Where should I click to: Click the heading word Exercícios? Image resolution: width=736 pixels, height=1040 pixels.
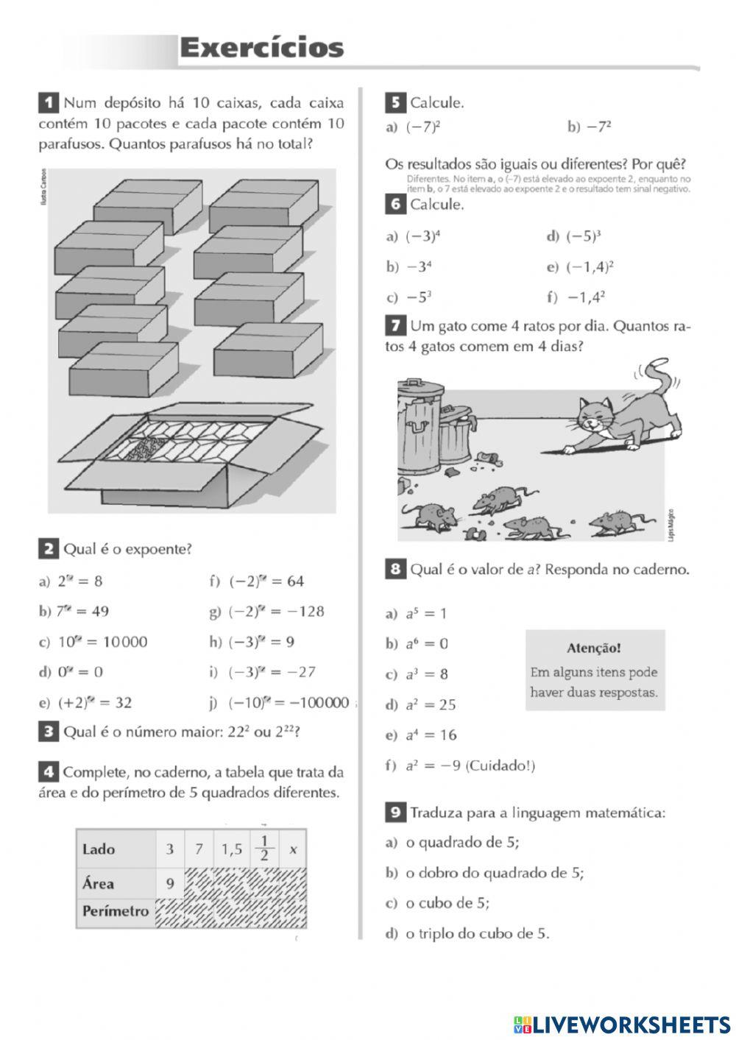tap(261, 49)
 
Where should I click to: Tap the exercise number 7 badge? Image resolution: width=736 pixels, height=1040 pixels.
tap(395, 325)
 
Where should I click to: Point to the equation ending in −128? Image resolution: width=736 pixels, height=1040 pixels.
tap(276, 612)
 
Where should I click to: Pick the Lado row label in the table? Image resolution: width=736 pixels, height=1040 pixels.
tap(99, 849)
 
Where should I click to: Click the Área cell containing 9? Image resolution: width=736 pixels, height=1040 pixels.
tap(169, 883)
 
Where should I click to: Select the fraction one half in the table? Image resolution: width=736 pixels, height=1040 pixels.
tap(264, 849)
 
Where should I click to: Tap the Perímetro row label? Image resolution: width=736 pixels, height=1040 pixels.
tap(116, 912)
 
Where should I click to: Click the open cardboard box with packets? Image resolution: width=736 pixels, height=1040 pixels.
tap(199, 456)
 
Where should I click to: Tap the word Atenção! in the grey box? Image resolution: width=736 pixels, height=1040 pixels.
tap(594, 648)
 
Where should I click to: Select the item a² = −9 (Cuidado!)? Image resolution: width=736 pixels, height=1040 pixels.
tap(470, 766)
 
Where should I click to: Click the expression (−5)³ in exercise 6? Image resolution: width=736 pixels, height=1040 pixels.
tap(583, 237)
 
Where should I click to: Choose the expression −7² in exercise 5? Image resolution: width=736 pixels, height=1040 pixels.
tap(599, 127)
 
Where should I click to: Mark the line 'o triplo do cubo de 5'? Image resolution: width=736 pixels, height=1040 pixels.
tap(477, 934)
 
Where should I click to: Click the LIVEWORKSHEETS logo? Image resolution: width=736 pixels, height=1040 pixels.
tap(622, 1024)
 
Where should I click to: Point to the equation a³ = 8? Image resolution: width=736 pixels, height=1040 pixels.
tap(426, 674)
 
